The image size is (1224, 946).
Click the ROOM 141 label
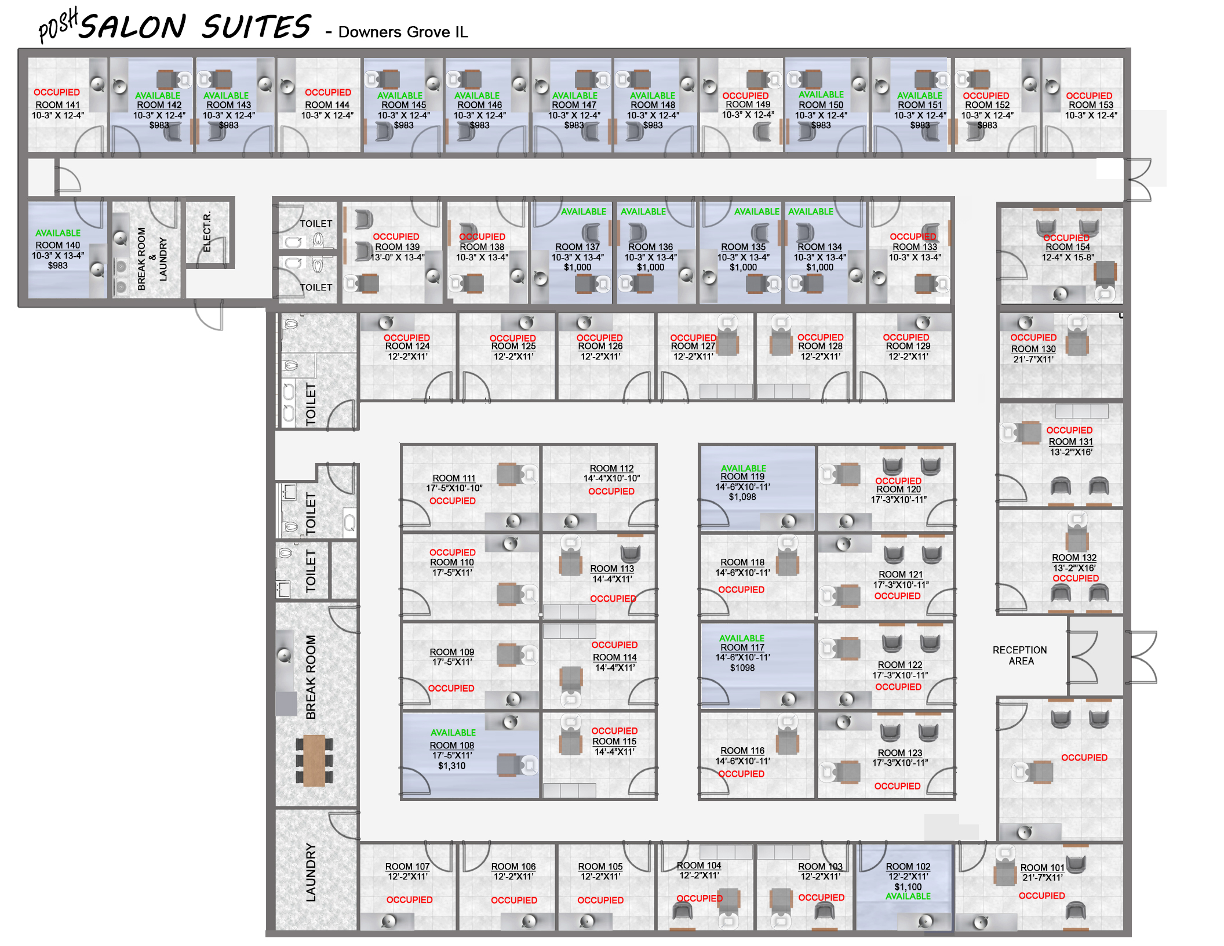pyautogui.click(x=57, y=105)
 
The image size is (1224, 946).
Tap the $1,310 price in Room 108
pyautogui.click(x=451, y=766)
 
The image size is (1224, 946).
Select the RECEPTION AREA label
pyautogui.click(x=1020, y=656)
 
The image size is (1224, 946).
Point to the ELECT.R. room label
pyautogui.click(x=207, y=231)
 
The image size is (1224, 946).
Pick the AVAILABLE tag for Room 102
pyautogui.click(x=908, y=896)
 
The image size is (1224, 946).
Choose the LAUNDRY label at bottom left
pyautogui.click(x=311, y=872)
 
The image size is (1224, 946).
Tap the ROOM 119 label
pyautogui.click(x=742, y=476)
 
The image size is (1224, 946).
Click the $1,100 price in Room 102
pyautogui.click(x=908, y=887)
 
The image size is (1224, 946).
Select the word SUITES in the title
pyautogui.click(x=256, y=27)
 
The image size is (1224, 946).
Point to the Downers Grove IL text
pyautogui.click(x=403, y=32)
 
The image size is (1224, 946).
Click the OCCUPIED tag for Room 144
pyautogui.click(x=328, y=92)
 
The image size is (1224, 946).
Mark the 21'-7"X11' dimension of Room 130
pyautogui.click(x=1033, y=359)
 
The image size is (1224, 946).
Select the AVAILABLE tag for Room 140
pyautogui.click(x=58, y=233)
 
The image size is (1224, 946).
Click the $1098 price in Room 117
pyautogui.click(x=742, y=668)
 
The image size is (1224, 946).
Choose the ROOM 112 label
pyautogui.click(x=611, y=468)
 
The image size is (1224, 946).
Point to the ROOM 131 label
pyautogui.click(x=1070, y=442)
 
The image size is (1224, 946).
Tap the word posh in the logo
pyautogui.click(x=58, y=26)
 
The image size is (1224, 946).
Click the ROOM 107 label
pyautogui.click(x=407, y=867)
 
